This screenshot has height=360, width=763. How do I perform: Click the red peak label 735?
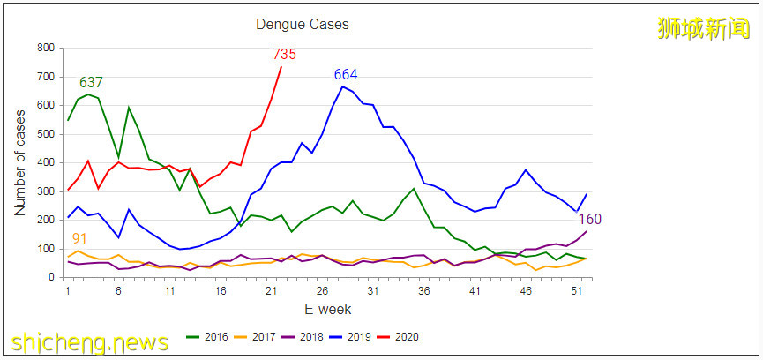coord(284,55)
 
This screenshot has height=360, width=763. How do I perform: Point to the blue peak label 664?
coord(345,74)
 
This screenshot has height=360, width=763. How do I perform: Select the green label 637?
coord(92,83)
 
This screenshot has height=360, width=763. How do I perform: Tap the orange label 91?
coord(79,238)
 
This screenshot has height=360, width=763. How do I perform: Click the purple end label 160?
coord(589,219)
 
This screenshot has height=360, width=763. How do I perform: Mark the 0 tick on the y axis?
coord(49,278)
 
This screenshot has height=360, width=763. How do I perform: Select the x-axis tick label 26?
coord(322,291)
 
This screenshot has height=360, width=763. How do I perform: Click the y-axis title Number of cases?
coord(20,163)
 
